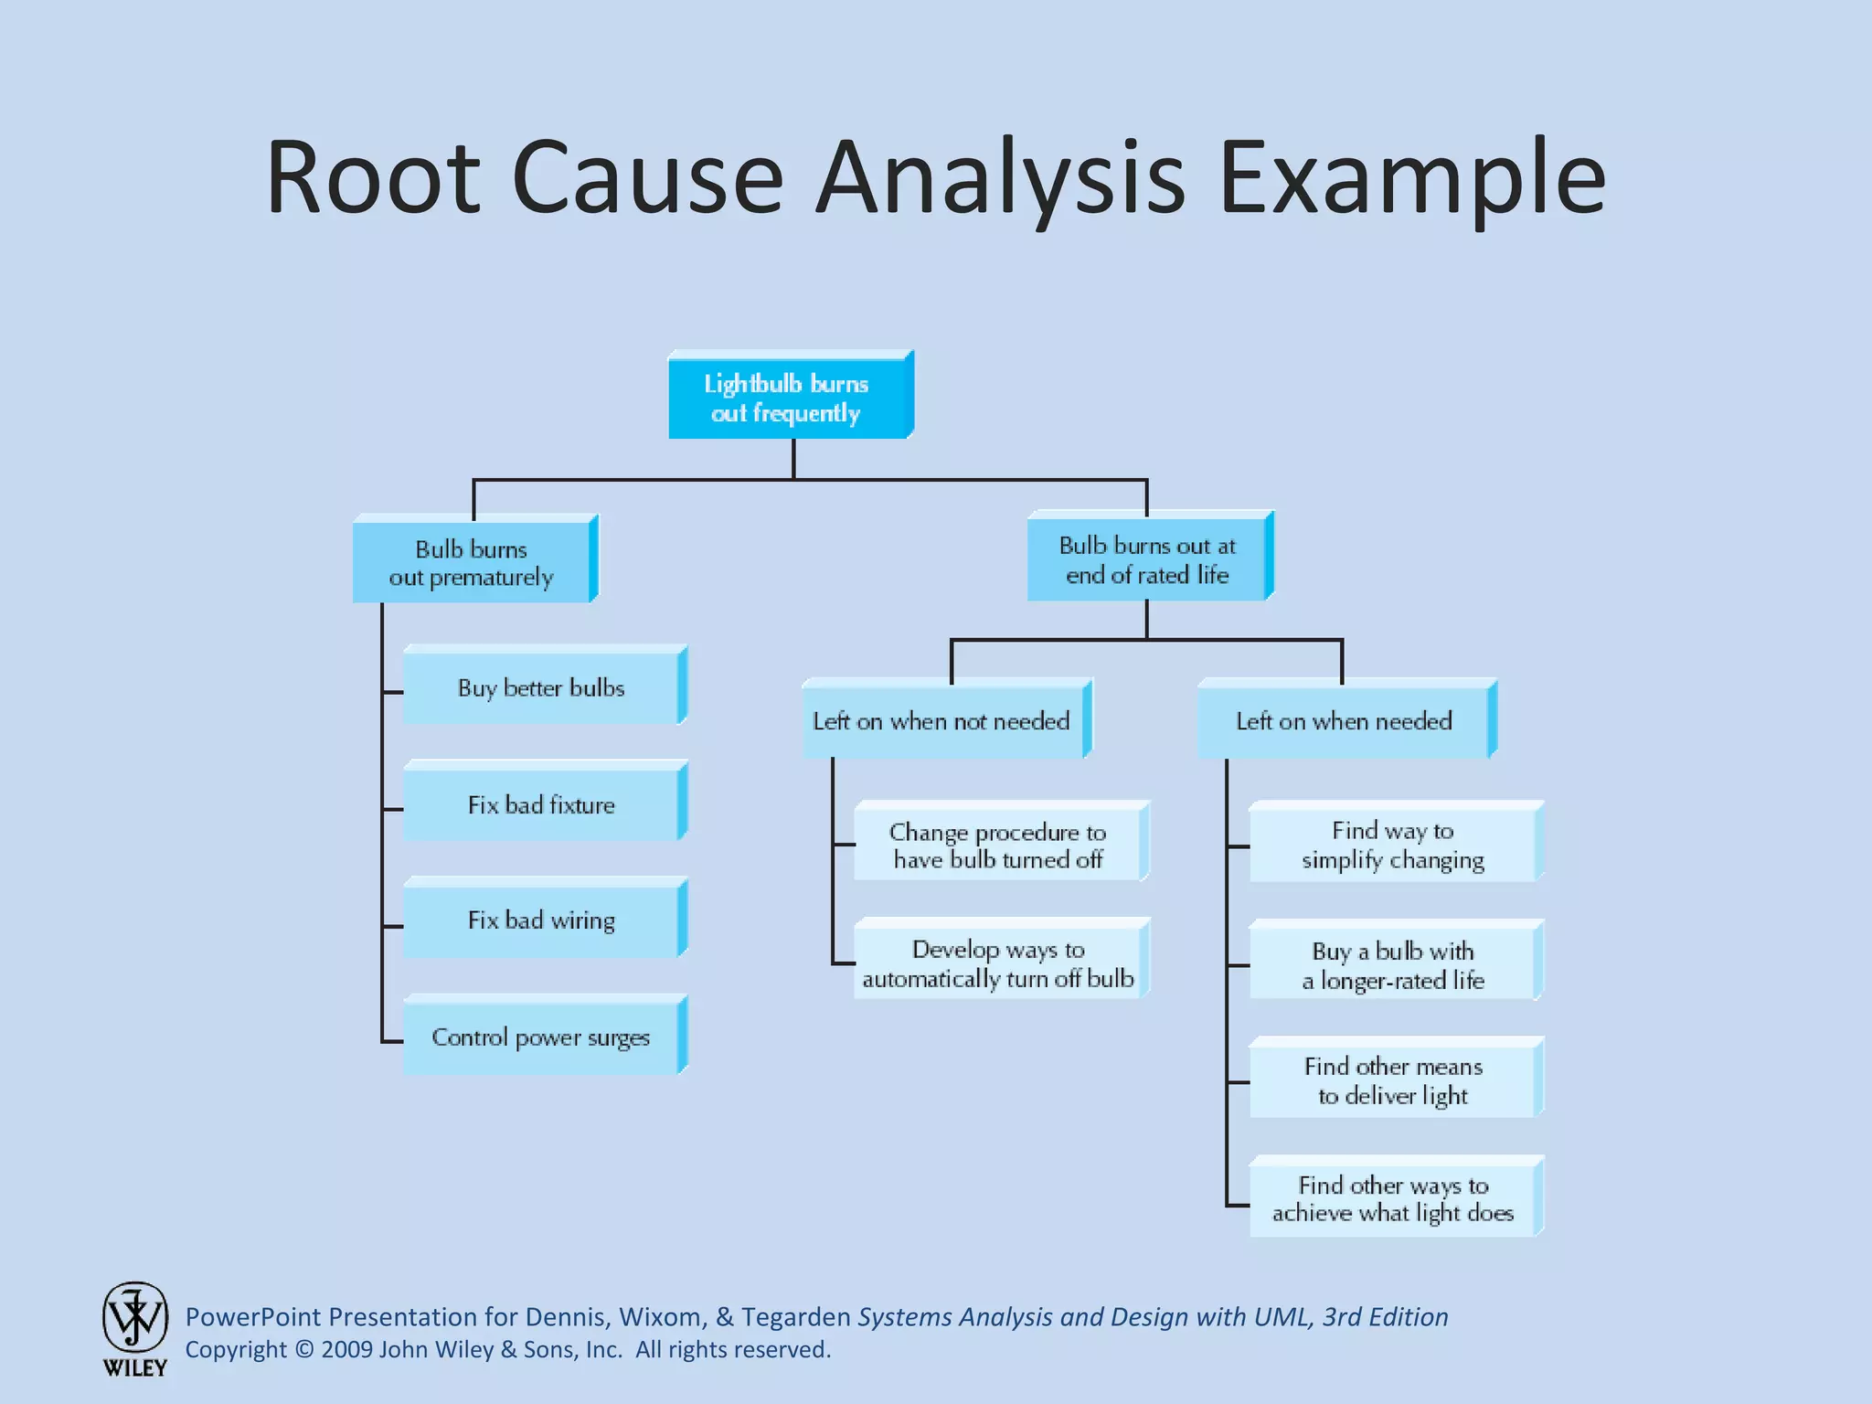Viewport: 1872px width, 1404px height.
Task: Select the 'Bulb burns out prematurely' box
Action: [472, 562]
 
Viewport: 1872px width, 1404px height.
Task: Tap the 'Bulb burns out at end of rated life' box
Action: [1147, 559]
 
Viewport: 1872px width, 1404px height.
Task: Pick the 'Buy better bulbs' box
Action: [541, 687]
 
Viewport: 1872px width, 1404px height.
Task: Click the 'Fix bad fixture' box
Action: [541, 804]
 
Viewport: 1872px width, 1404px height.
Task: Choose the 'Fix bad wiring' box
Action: [541, 920]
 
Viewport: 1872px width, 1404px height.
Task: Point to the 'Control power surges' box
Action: [541, 1037]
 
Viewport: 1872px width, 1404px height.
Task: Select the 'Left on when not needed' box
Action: [942, 721]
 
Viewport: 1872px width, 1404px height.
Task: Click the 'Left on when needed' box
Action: [1344, 721]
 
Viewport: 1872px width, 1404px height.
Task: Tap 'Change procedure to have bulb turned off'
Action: [998, 846]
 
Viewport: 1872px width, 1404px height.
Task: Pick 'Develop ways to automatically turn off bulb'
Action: [998, 963]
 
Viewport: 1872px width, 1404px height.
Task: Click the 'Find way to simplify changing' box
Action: [1393, 846]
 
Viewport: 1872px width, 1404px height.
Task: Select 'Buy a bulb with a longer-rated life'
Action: [1393, 965]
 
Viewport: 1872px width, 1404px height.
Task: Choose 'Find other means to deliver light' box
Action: [1393, 1080]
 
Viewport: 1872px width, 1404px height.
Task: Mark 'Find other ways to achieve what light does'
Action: [1393, 1199]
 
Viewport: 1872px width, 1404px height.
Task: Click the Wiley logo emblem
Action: [135, 1318]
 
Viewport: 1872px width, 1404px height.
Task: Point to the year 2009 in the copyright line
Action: [346, 1350]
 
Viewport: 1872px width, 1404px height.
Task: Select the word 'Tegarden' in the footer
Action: [796, 1317]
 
